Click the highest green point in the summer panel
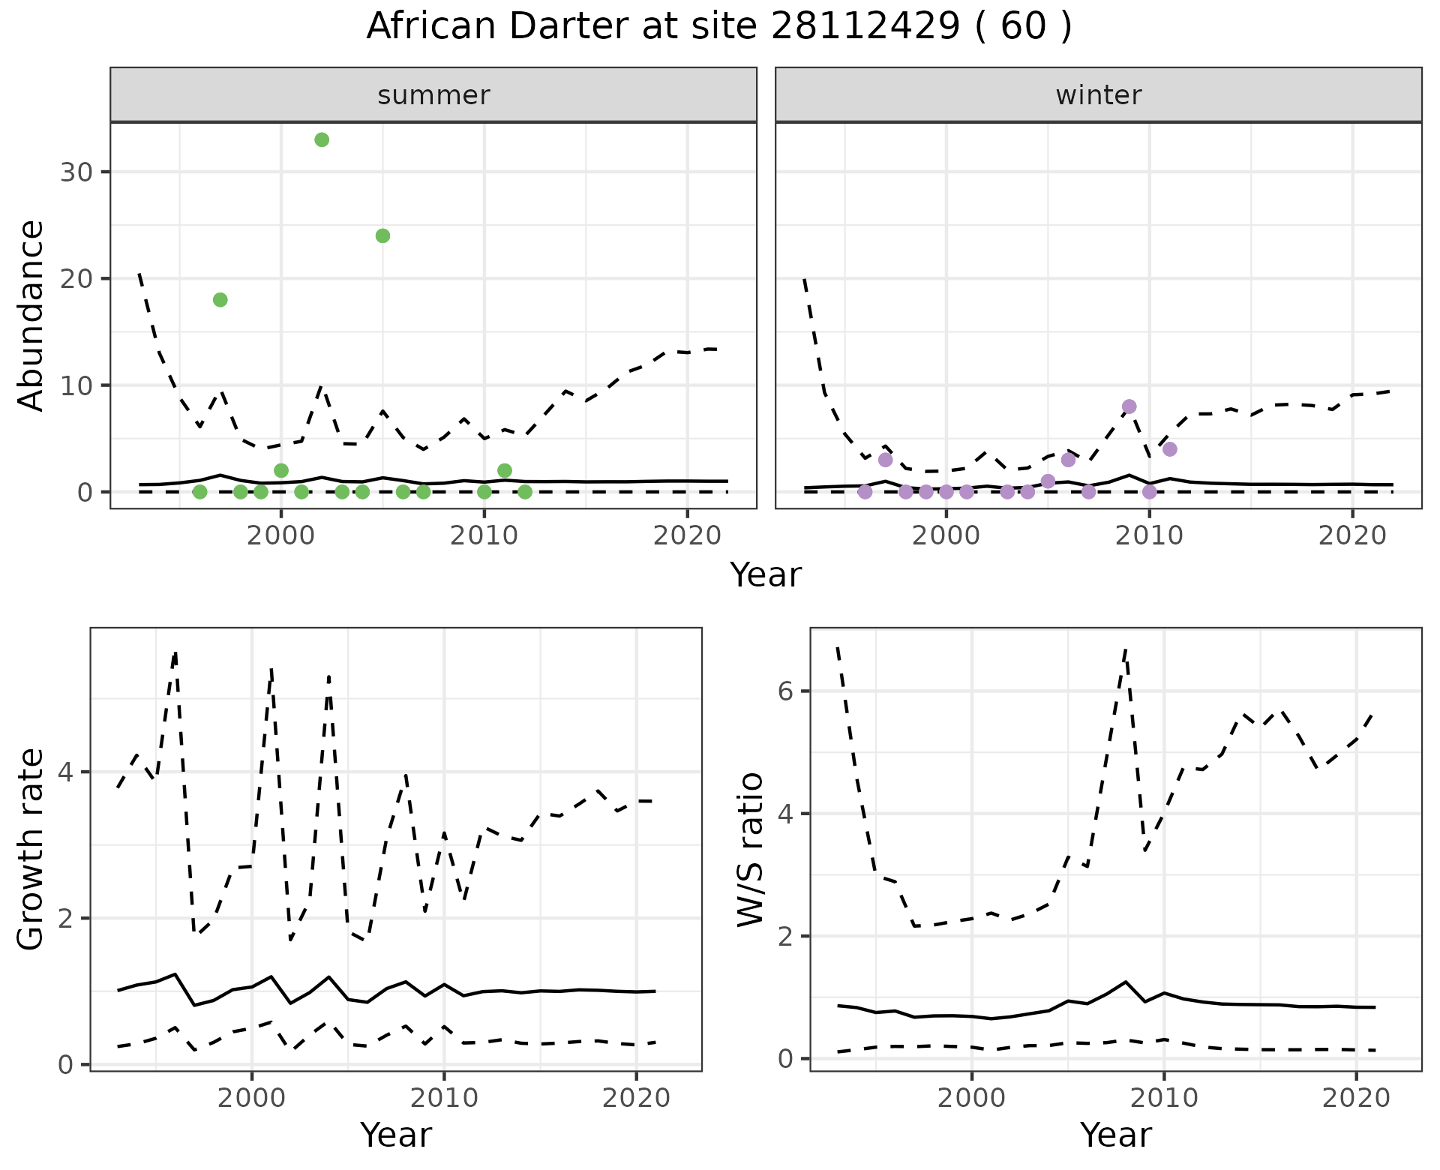(322, 139)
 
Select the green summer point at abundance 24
(382, 236)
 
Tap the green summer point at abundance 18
(220, 300)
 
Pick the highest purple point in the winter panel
(1129, 406)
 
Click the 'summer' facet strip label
(433, 95)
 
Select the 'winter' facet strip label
(1099, 95)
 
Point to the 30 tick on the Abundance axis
(75, 172)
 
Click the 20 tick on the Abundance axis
(75, 279)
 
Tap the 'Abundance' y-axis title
(31, 316)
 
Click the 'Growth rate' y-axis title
(31, 849)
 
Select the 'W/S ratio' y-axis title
(751, 849)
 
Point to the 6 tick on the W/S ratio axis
(786, 691)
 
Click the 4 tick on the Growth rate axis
(66, 772)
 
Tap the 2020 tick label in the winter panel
(1352, 535)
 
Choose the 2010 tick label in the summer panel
(484, 535)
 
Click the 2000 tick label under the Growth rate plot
(252, 1098)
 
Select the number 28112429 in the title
(865, 27)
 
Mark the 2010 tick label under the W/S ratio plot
(1164, 1098)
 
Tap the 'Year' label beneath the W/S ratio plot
(1116, 1135)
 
